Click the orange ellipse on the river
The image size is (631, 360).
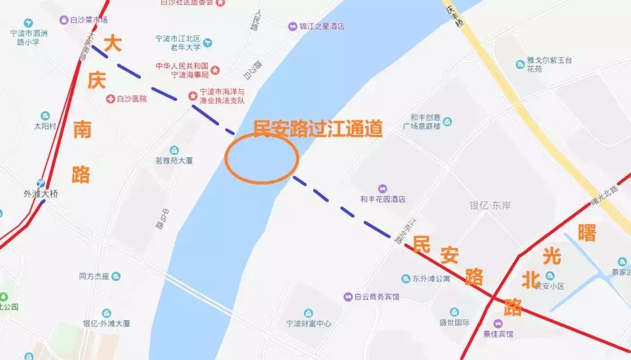262,158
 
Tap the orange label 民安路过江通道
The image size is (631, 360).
317,128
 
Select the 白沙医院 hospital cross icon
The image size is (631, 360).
110,99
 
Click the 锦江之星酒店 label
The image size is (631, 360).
321,26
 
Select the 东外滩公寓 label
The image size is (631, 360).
431,279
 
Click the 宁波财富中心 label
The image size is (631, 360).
308,323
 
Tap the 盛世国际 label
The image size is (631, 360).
455,323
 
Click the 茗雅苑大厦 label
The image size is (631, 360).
174,161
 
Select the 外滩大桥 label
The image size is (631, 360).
41,193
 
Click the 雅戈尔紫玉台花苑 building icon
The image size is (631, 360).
520,64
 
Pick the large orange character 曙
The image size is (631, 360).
587,233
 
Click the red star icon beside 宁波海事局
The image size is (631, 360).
216,70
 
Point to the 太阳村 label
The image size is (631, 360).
44,125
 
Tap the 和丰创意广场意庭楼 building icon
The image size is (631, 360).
448,122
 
